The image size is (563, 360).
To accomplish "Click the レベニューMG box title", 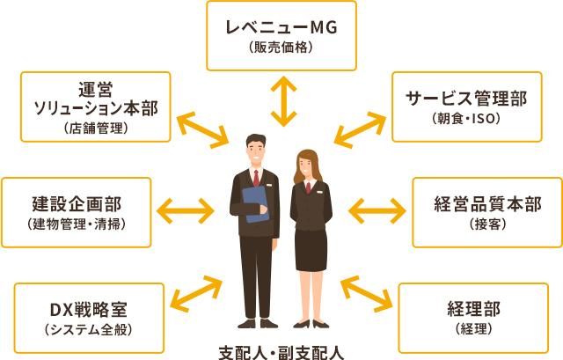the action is coord(281,27).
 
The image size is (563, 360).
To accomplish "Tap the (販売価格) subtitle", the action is coord(281,48).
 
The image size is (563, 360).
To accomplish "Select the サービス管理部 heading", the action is coord(466,99).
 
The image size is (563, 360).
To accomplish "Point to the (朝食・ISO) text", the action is coord(466,119).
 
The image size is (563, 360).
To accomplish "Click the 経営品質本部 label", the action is coord(487,204).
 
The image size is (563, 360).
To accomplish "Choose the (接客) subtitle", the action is coord(487,224).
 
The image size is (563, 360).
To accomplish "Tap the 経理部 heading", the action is coord(473,309).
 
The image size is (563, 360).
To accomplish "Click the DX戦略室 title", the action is coord(88,310).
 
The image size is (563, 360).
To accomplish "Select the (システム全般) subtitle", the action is coord(88,329).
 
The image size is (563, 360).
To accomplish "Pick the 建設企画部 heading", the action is coord(77,204).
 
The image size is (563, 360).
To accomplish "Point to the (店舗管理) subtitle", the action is coord(96,129).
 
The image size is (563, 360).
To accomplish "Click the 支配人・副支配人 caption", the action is coord(281,353).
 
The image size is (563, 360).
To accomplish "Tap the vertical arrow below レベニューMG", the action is coord(283,101).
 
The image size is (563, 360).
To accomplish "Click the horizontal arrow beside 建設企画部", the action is coord(186,210).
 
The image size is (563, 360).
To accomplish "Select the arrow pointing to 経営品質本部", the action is coord(377,210).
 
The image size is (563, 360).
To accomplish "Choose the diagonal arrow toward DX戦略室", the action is coord(196,294).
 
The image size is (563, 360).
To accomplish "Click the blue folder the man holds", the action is coord(255,203).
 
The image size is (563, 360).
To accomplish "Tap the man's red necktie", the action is coord(256,178).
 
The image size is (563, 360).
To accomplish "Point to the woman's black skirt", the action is coord(311,250).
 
